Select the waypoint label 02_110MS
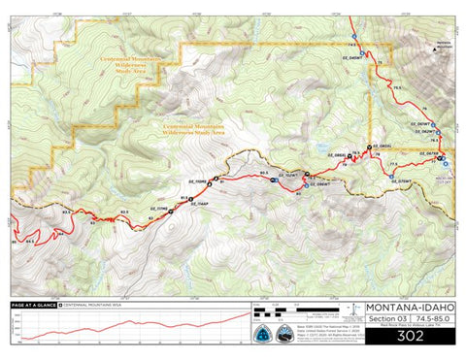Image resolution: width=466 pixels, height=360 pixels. coord(194,181)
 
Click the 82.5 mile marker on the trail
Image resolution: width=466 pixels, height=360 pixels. coord(124,212)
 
